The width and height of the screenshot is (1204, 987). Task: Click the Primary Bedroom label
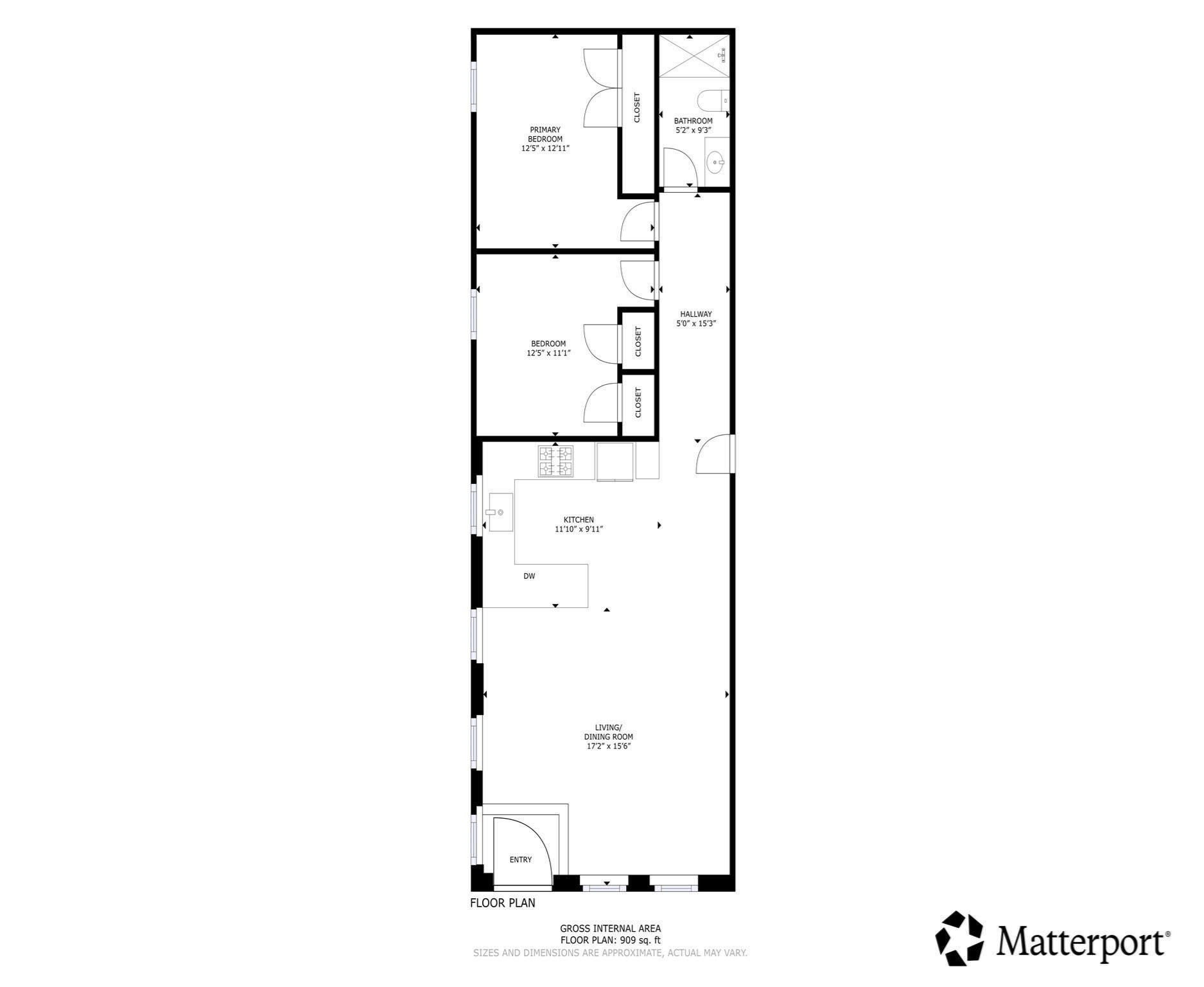(x=545, y=134)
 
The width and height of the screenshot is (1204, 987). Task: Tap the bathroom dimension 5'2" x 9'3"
(x=693, y=130)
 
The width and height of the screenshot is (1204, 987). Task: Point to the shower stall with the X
(x=694, y=56)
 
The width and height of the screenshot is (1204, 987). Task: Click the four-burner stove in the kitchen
(x=555, y=461)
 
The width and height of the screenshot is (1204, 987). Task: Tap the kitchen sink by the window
(x=501, y=512)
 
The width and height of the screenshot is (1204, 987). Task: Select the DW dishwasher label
(x=529, y=576)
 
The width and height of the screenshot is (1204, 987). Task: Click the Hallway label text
(x=696, y=314)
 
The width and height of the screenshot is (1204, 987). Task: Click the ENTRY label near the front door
(x=521, y=860)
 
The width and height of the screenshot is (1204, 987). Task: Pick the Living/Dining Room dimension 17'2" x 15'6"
(x=609, y=746)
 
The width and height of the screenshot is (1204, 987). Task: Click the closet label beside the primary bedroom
(x=637, y=108)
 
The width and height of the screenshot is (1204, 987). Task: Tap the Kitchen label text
(x=579, y=520)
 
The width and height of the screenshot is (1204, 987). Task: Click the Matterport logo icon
(x=959, y=938)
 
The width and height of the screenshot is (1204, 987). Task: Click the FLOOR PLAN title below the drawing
(x=502, y=903)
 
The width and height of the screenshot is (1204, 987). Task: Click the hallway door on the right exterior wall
(x=714, y=454)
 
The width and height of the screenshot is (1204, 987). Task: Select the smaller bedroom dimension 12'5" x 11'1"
(x=548, y=353)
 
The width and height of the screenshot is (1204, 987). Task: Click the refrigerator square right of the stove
(x=615, y=461)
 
